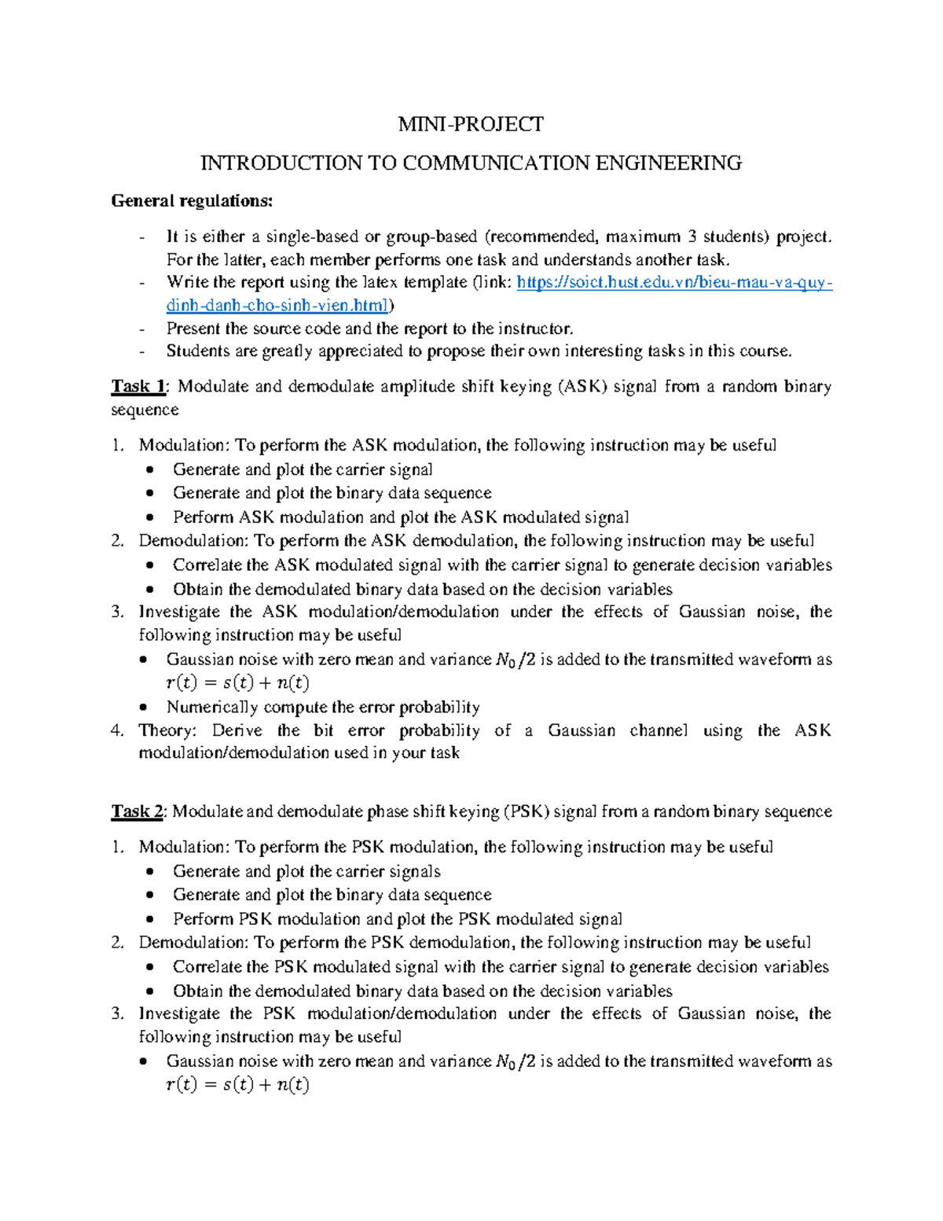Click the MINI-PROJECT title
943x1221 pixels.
pyautogui.click(x=470, y=124)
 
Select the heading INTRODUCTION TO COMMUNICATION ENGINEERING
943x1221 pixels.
pyautogui.click(x=470, y=163)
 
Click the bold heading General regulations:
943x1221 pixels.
pyautogui.click(x=192, y=200)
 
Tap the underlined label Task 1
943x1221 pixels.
pyautogui.click(x=138, y=386)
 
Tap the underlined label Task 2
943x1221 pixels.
pyautogui.click(x=137, y=811)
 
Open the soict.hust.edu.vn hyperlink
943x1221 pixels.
pyautogui.click(x=674, y=282)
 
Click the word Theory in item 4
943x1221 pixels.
pyautogui.click(x=167, y=730)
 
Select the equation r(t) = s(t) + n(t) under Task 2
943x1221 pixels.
pyautogui.click(x=238, y=1085)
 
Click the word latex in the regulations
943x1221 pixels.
pyautogui.click(x=380, y=282)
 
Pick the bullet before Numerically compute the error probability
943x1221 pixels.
pyautogui.click(x=142, y=707)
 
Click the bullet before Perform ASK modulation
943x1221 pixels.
pyautogui.click(x=150, y=517)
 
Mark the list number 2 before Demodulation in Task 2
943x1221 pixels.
pyautogui.click(x=117, y=942)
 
